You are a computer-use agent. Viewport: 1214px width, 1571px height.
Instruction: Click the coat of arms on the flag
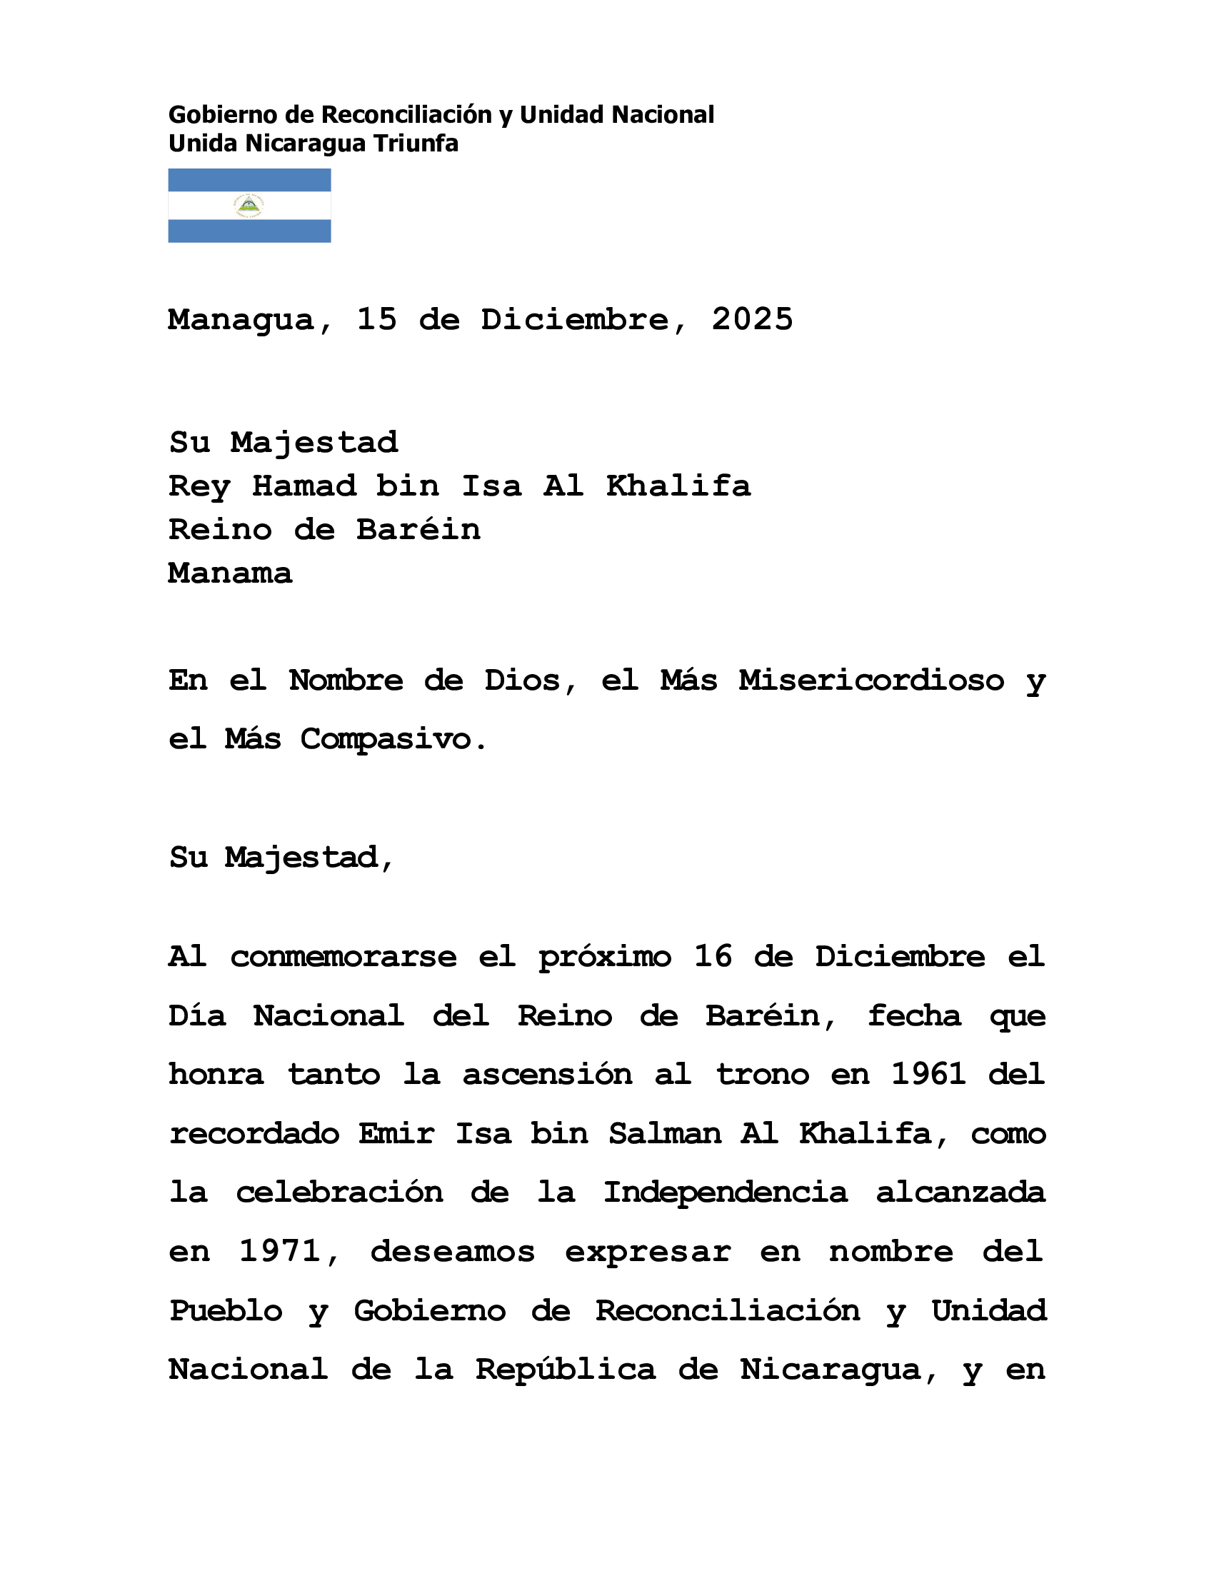(249, 206)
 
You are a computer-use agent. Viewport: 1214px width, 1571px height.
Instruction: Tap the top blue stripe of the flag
(249, 180)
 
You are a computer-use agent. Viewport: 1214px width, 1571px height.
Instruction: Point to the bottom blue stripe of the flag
(249, 231)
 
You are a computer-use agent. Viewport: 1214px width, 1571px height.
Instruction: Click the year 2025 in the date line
(752, 319)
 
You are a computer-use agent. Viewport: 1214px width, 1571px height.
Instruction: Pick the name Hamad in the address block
(303, 486)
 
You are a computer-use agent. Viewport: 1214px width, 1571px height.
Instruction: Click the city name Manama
(230, 573)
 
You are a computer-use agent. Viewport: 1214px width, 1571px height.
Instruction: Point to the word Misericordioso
(872, 681)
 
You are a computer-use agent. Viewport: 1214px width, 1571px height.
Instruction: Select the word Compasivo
(386, 740)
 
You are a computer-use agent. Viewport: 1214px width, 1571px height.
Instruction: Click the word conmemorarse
(343, 958)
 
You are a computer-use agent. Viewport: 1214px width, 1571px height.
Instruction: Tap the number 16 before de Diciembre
(713, 957)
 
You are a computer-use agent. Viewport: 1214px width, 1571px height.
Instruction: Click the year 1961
(928, 1075)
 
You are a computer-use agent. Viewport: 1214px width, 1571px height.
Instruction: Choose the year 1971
(280, 1252)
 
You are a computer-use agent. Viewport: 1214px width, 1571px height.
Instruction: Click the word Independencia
(725, 1193)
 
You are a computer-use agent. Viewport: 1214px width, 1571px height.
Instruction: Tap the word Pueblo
(226, 1310)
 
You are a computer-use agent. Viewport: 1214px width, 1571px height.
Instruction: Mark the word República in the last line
(566, 1370)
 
